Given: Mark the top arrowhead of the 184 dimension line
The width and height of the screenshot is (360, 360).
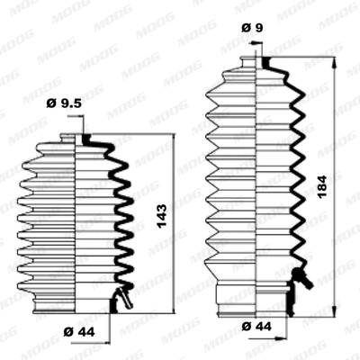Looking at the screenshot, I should pos(335,69).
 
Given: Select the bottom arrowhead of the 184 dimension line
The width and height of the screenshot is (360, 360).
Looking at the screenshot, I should pos(335,304).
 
